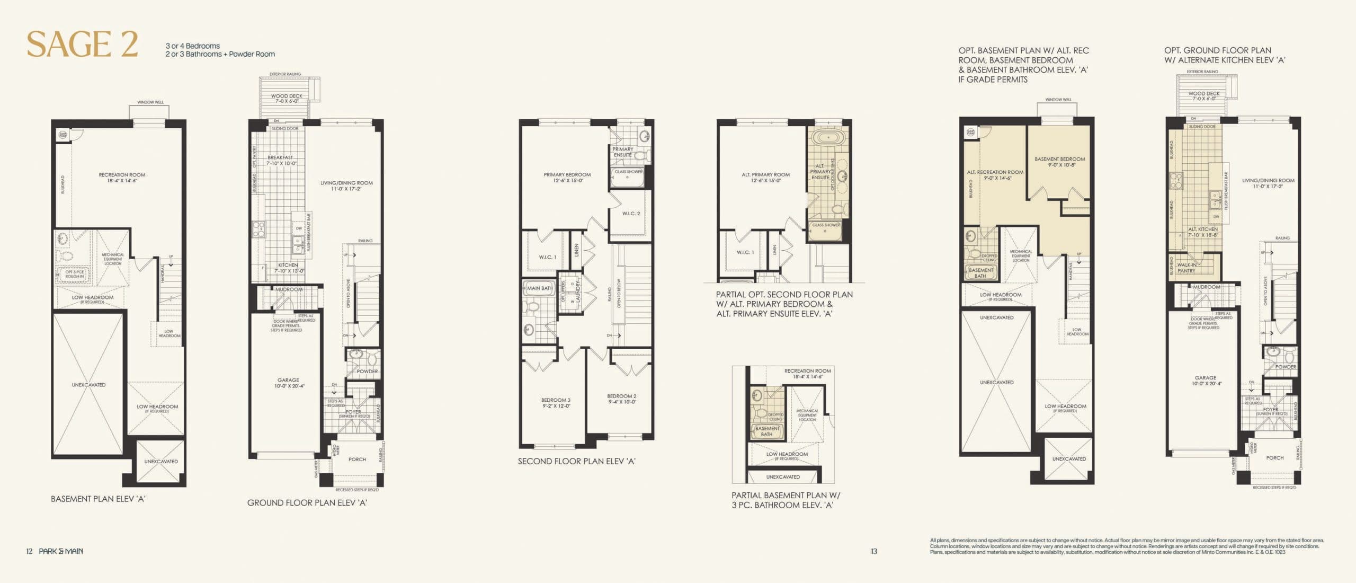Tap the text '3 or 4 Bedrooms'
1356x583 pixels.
click(192, 46)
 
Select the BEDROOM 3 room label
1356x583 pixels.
click(556, 403)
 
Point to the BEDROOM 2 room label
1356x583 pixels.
click(621, 399)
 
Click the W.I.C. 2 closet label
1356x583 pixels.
click(631, 214)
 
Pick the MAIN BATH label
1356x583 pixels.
click(540, 288)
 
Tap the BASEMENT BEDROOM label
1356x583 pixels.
click(1059, 162)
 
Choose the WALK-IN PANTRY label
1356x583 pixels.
click(1186, 268)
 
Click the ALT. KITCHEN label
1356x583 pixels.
click(1202, 232)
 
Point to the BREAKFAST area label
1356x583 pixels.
click(281, 160)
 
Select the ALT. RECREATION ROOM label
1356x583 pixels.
click(995, 175)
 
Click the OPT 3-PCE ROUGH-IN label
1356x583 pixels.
click(74, 274)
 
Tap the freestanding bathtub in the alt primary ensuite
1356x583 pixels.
click(827, 138)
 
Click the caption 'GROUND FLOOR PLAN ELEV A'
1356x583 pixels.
click(307, 502)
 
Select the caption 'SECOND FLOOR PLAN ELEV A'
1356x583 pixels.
click(576, 461)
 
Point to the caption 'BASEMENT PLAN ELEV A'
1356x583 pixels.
click(97, 499)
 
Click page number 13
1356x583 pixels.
click(873, 551)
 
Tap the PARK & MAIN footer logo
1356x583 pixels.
click(60, 551)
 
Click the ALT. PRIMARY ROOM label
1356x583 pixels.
click(765, 178)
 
